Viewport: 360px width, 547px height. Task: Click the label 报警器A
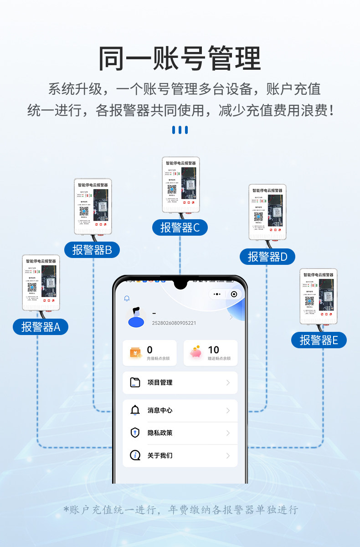pos(41,327)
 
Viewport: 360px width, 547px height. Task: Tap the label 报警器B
pos(92,250)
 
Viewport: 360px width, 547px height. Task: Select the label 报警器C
pos(180,227)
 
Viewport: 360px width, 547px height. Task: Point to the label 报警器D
pos(267,257)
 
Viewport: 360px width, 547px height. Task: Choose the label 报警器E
pos(319,340)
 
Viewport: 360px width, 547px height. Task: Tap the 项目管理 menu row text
pos(160,382)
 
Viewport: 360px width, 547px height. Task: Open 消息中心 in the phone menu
pos(160,410)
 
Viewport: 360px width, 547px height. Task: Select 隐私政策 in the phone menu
pos(160,433)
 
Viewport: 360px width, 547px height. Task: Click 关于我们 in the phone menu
pos(160,455)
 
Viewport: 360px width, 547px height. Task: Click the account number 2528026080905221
pos(174,323)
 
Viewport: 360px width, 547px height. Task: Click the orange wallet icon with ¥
pos(136,352)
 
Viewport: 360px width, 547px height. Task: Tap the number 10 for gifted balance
pos(213,350)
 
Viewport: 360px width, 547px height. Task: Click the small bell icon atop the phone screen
pos(127,299)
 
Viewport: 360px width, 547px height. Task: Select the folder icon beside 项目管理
pos(135,382)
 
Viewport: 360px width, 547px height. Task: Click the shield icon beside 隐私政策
pos(135,433)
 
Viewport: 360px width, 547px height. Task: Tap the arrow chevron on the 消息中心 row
pos(228,410)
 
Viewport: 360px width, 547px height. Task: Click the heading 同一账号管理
pos(180,58)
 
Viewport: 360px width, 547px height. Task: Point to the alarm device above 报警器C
pos(181,184)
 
